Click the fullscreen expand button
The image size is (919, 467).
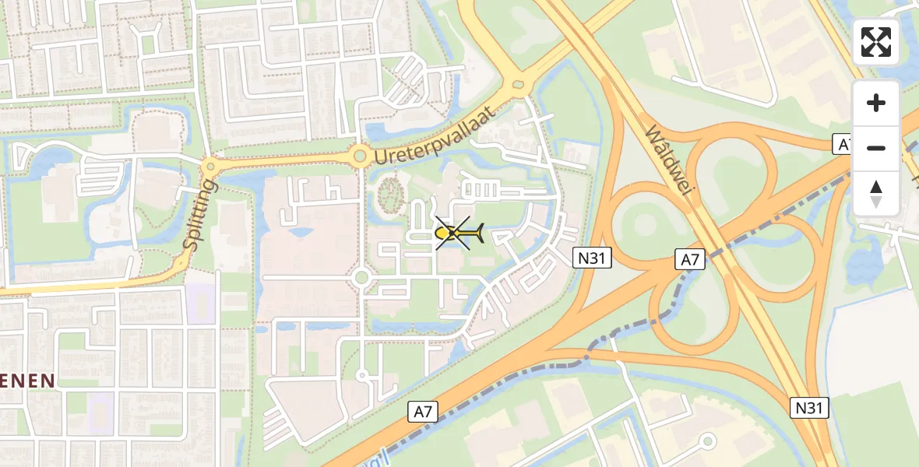[876, 42]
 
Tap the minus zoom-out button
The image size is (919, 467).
[876, 148]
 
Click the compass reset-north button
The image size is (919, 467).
[876, 194]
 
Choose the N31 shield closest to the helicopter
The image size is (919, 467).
[593, 258]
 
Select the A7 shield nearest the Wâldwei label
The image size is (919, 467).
[690, 260]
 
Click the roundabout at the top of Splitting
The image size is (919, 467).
[210, 167]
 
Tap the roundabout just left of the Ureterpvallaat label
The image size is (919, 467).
[359, 156]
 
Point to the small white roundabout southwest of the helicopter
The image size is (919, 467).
[361, 277]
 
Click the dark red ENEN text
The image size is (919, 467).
[27, 381]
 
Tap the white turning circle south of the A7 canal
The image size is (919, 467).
[707, 441]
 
